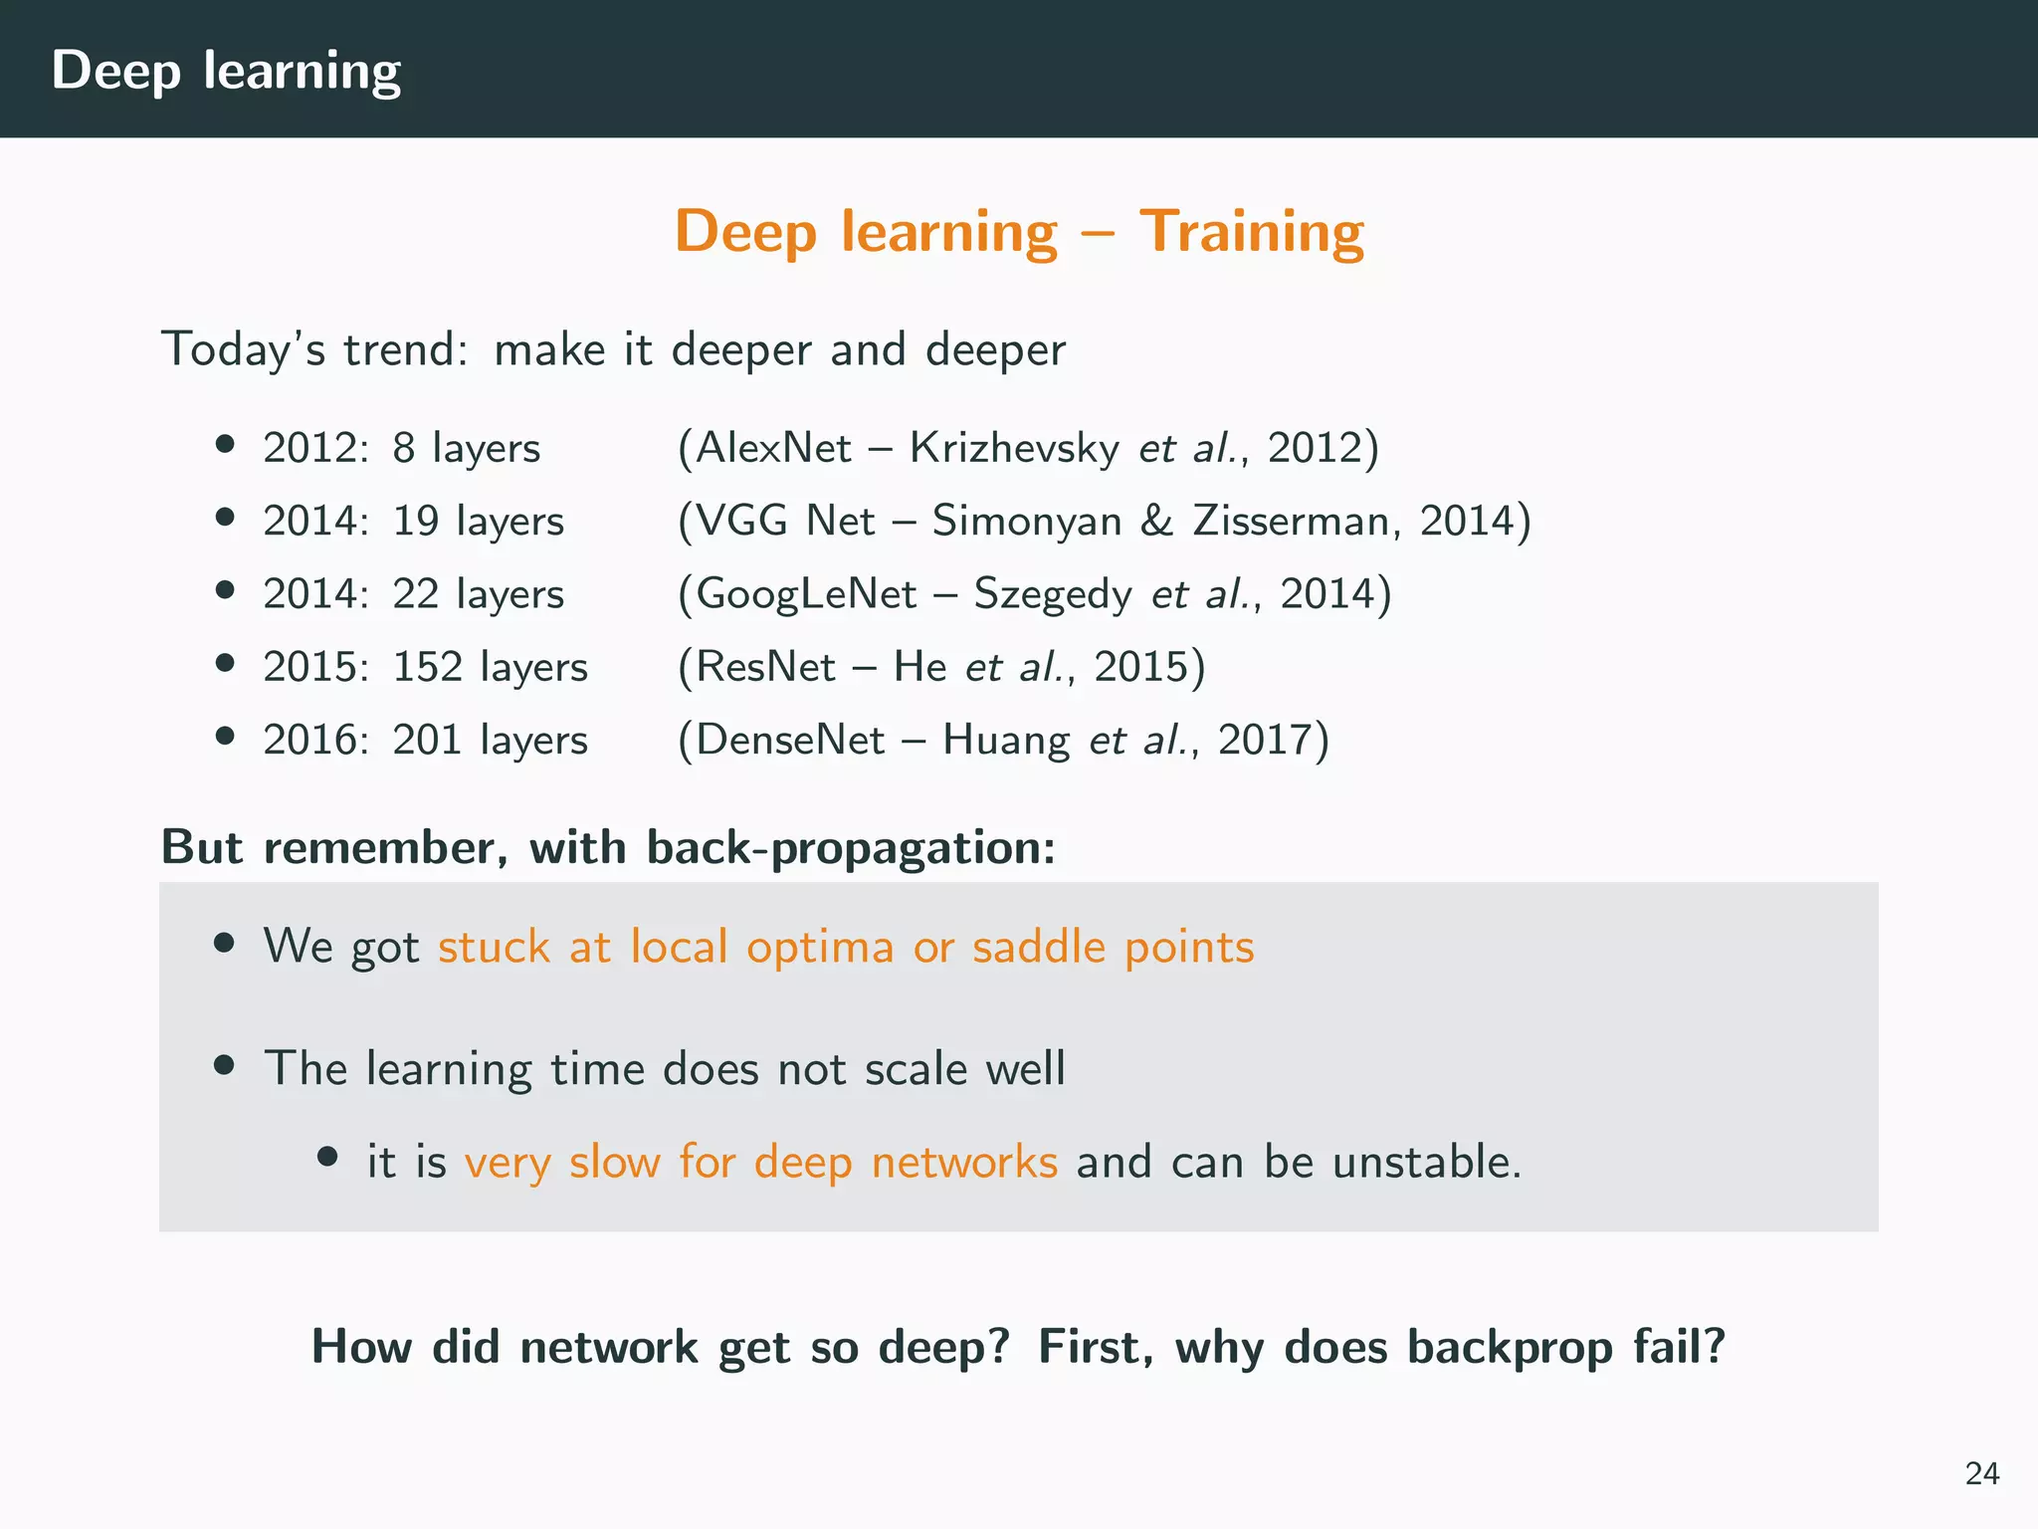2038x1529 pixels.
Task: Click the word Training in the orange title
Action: [x=1252, y=232]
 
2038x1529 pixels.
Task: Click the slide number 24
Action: [x=1982, y=1473]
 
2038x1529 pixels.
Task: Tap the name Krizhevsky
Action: [x=1014, y=448]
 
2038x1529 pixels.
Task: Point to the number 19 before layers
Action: [x=416, y=521]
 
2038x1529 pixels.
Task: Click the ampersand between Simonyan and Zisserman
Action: [x=1156, y=521]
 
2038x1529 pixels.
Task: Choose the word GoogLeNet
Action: [x=806, y=594]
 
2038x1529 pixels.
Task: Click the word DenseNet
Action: [x=790, y=740]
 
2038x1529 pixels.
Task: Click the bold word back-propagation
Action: [x=850, y=848]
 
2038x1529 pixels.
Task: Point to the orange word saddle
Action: [x=1038, y=947]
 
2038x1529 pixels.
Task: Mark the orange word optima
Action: [x=820, y=947]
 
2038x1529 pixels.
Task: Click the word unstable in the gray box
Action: [x=1425, y=1162]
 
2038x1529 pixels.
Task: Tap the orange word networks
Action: [x=963, y=1162]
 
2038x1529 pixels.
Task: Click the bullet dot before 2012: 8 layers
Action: [x=225, y=444]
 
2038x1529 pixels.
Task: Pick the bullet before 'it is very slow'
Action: [x=327, y=1157]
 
